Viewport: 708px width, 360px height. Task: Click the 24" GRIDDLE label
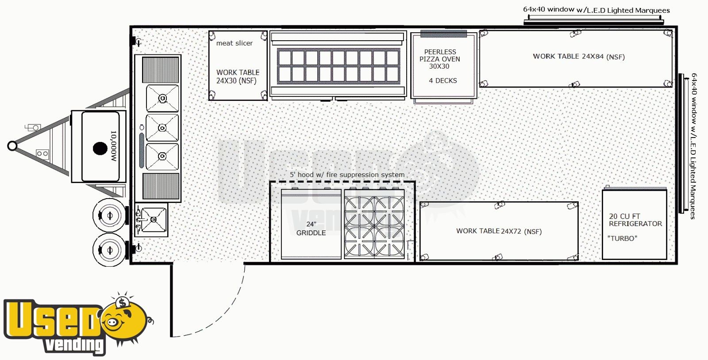click(x=311, y=228)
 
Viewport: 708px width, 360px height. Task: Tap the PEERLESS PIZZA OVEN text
click(x=440, y=59)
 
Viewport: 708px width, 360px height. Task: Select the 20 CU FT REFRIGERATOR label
click(x=635, y=220)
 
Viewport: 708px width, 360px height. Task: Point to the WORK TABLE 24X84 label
click(x=579, y=57)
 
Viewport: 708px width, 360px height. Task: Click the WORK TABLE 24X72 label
click(x=499, y=231)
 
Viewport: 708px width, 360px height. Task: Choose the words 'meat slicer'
click(x=234, y=43)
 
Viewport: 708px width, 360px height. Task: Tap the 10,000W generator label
click(x=113, y=146)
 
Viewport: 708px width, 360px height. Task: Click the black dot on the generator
click(x=100, y=149)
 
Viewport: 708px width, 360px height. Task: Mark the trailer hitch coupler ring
click(x=12, y=146)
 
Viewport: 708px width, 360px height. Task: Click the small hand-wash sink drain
click(x=154, y=219)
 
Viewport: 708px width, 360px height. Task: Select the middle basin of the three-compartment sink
click(x=162, y=127)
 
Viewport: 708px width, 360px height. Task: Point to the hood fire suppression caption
click(x=347, y=175)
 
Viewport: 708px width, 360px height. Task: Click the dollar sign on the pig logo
click(x=122, y=303)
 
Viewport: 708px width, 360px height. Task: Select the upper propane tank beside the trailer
click(x=109, y=215)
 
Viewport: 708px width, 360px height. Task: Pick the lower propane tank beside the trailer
click(x=109, y=250)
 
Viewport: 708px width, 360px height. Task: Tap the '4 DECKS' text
click(x=443, y=81)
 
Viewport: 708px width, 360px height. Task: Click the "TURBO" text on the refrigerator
click(x=622, y=238)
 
